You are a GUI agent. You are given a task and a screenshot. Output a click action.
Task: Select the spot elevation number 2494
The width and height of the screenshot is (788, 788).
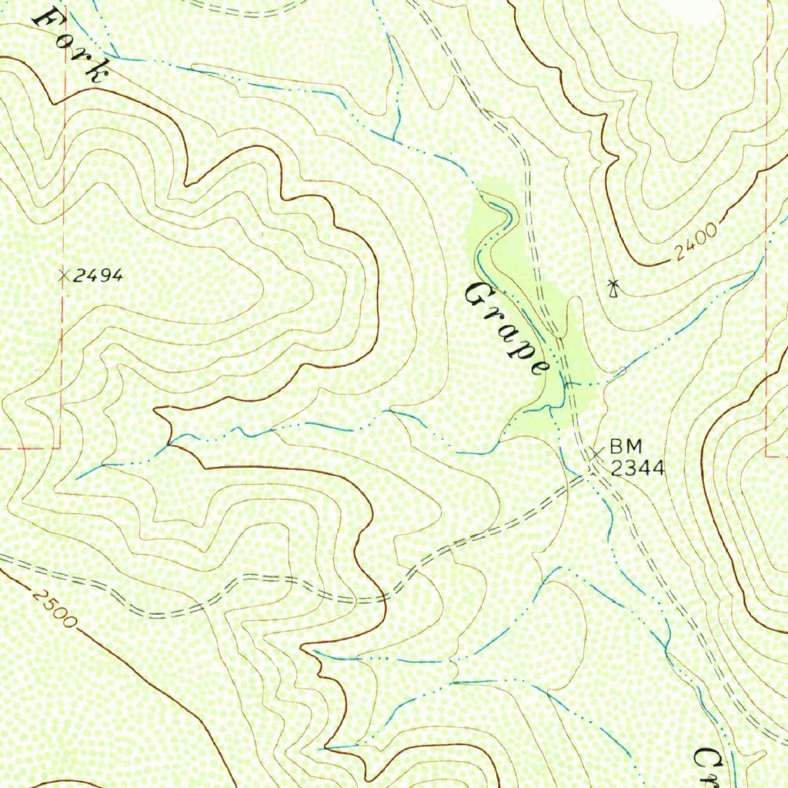[98, 276]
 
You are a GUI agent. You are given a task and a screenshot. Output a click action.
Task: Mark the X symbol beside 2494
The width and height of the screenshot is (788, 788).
[64, 275]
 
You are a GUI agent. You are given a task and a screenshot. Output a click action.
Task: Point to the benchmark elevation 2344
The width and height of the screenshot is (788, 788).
[637, 466]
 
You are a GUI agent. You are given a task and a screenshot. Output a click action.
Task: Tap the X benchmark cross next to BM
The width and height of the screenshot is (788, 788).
[596, 454]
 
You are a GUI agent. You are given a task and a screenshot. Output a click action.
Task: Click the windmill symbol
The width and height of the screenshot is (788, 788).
[613, 289]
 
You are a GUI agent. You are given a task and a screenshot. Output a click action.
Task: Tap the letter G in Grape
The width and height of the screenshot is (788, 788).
[479, 295]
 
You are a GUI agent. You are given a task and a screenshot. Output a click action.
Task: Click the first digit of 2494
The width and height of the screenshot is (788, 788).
[78, 276]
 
